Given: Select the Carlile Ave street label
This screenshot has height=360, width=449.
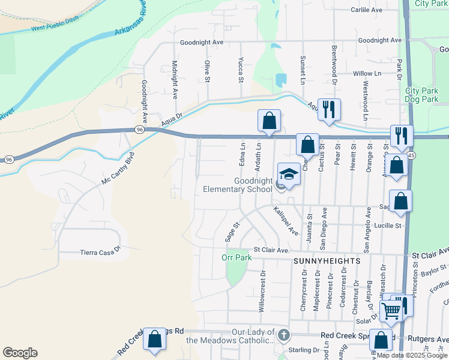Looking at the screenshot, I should coord(367,10).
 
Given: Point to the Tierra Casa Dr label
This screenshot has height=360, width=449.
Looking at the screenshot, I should coord(100,253).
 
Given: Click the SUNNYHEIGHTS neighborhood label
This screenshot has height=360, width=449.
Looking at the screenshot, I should coord(327,262).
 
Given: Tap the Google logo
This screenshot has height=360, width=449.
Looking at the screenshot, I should coord(20,353).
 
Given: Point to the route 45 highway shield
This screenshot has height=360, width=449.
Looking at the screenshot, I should coord(411,155).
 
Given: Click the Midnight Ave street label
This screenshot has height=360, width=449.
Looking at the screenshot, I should coord(175,79).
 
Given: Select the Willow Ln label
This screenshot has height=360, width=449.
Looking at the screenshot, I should coord(367,73).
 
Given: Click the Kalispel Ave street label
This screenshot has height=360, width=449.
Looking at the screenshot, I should coord(286,221).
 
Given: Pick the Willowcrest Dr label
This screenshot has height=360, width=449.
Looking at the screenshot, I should coord(262,291).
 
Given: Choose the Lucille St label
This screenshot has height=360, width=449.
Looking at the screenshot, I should coord(387,226).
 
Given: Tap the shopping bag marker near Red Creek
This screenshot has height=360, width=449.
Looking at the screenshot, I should coord(155,340).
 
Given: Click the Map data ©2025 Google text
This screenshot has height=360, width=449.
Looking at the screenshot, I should coord(412,355).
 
